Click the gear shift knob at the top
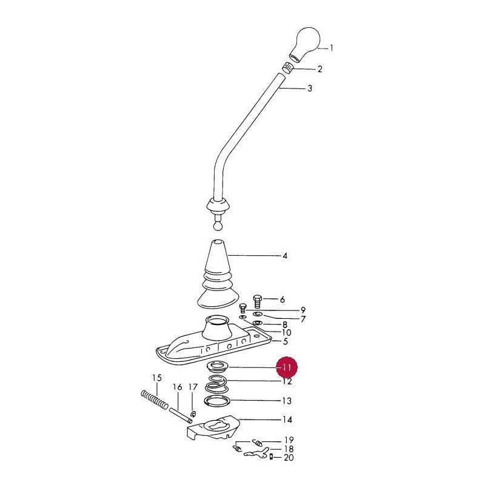[x=306, y=43]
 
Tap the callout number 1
[x=331, y=48]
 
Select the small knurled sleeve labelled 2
[x=289, y=67]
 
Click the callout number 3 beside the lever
[x=310, y=89]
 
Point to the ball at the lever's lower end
[x=218, y=226]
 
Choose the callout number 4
[x=285, y=256]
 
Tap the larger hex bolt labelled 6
[x=258, y=301]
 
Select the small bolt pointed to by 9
[x=243, y=309]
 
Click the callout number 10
[x=287, y=333]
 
